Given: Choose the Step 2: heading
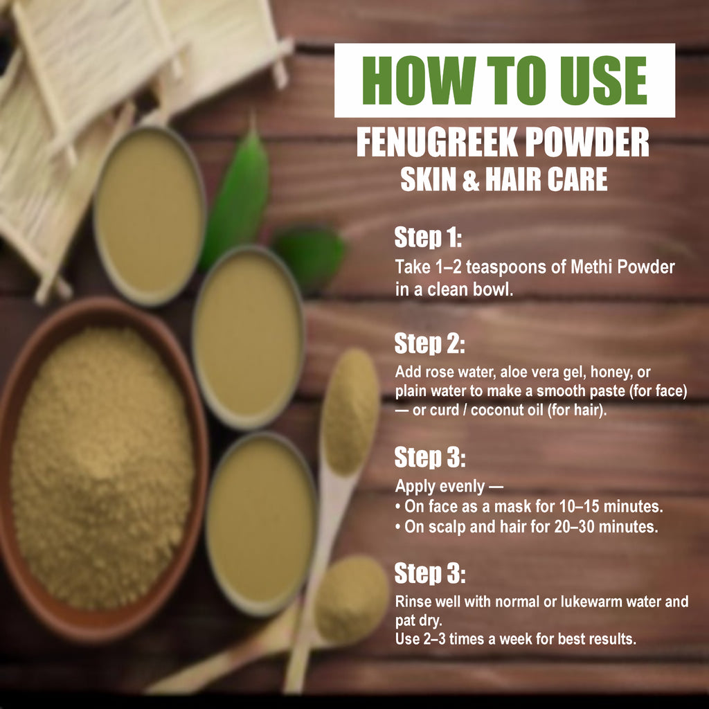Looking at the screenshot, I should click(429, 343).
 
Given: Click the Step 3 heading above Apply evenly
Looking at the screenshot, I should click(429, 458).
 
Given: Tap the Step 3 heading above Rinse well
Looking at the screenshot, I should click(429, 573).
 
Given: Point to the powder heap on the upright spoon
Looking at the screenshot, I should click(350, 409).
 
